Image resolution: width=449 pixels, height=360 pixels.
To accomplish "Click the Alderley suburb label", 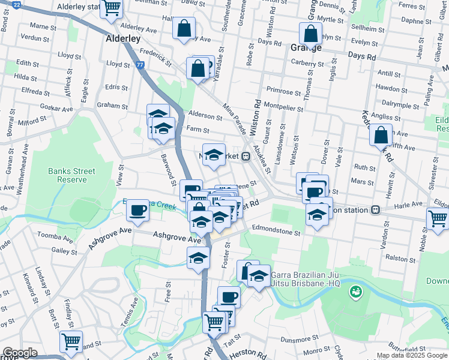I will click(123, 38).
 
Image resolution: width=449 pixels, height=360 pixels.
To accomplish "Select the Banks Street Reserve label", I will click(72, 175).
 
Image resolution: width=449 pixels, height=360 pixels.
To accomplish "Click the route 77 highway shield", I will click(140, 65).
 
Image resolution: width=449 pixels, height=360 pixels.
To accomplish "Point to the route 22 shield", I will click(16, 4).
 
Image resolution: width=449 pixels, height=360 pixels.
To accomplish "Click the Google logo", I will click(20, 353).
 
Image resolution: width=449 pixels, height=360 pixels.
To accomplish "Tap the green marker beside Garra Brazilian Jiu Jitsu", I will click(355, 292).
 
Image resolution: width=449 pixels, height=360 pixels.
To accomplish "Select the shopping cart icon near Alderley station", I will click(112, 8).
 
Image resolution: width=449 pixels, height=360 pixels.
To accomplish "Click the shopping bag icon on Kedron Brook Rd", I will click(381, 134).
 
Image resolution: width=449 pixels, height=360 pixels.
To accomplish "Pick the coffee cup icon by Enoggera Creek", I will click(137, 209).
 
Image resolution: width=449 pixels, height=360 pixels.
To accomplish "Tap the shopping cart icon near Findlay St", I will click(71, 342).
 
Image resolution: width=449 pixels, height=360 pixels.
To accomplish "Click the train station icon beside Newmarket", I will click(246, 157).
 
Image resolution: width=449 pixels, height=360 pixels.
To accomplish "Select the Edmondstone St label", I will click(276, 229).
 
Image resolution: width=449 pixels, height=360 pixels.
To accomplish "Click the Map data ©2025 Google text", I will click(411, 355).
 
